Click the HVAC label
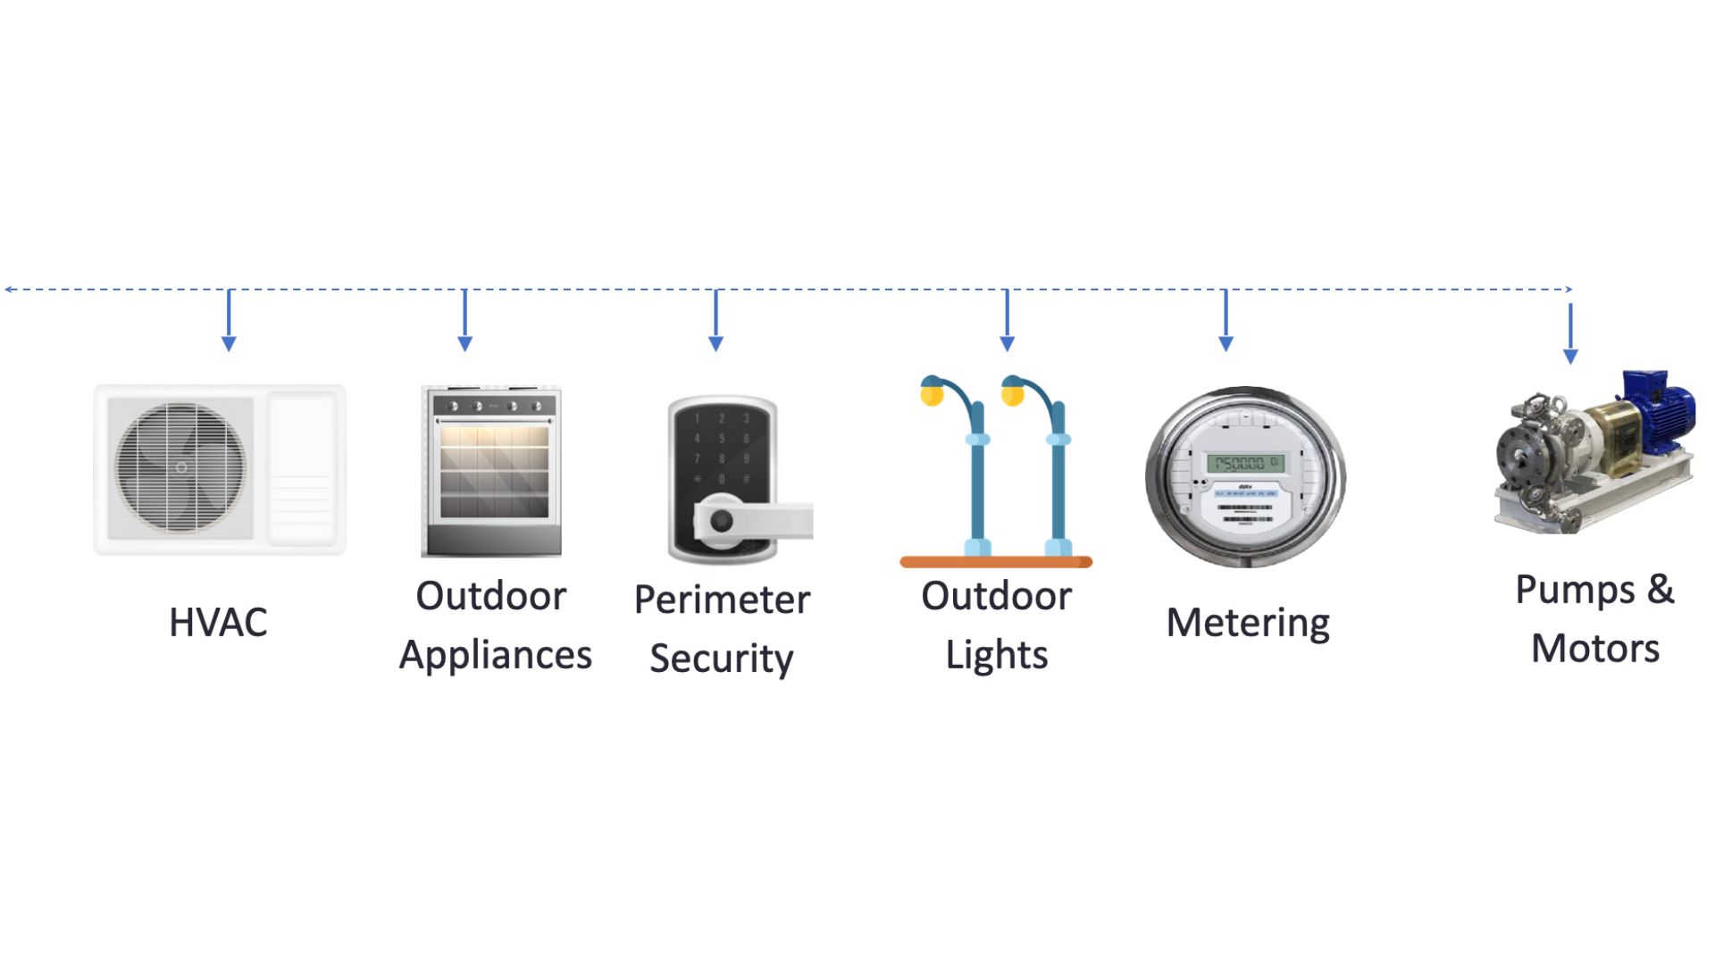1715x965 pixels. pyautogui.click(x=218, y=623)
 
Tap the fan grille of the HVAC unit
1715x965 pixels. pyautogui.click(x=180, y=467)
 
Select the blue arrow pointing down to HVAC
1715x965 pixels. pyautogui.click(x=229, y=322)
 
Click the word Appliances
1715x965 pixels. pyautogui.click(x=495, y=655)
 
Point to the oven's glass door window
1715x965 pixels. pyautogui.click(x=493, y=472)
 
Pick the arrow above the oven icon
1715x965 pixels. pyautogui.click(x=464, y=322)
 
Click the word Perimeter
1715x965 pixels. pyautogui.click(x=722, y=600)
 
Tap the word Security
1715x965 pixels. pyautogui.click(x=721, y=659)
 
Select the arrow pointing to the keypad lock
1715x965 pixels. pyautogui.click(x=715, y=322)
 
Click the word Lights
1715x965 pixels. pyautogui.click(x=996, y=655)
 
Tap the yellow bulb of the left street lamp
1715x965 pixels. pyautogui.click(x=932, y=395)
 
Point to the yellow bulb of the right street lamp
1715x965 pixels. pyautogui.click(x=1012, y=395)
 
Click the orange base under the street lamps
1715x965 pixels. pyautogui.click(x=996, y=562)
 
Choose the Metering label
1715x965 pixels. pyautogui.click(x=1248, y=623)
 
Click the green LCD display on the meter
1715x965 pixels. pyautogui.click(x=1245, y=463)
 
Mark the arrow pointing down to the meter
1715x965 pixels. pyautogui.click(x=1226, y=322)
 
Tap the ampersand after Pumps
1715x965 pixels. pyautogui.click(x=1661, y=590)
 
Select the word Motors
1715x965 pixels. pyautogui.click(x=1594, y=649)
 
